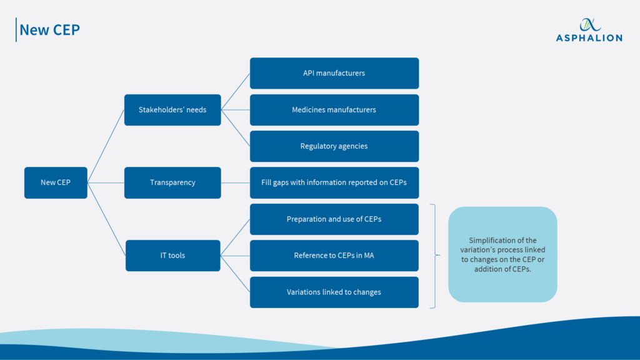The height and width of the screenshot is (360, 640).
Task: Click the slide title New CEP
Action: (x=50, y=29)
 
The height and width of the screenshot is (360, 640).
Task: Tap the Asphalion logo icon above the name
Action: (x=588, y=24)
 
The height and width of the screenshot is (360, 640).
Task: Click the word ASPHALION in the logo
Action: (x=589, y=38)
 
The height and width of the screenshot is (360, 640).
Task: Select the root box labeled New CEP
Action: (x=56, y=182)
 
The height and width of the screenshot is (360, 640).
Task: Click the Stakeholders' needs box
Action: (x=172, y=110)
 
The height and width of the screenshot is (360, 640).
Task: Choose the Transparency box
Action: (x=172, y=182)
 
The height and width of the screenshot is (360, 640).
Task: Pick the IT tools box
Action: (x=172, y=255)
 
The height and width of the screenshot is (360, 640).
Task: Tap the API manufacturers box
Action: (x=334, y=73)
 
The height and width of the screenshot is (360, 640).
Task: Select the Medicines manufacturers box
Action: (x=334, y=110)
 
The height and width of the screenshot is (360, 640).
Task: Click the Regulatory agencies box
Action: (x=334, y=146)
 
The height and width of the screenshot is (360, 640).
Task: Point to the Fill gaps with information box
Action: (x=334, y=182)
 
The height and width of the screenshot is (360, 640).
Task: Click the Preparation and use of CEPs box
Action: (x=334, y=219)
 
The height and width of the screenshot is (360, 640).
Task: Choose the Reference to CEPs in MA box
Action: (x=334, y=255)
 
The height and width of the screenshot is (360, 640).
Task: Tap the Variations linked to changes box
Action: (x=334, y=292)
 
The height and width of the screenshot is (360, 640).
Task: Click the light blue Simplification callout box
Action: (x=502, y=254)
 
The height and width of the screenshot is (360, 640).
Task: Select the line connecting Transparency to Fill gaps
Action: (x=235, y=182)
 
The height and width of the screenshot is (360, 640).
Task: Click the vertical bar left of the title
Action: (x=16, y=29)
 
